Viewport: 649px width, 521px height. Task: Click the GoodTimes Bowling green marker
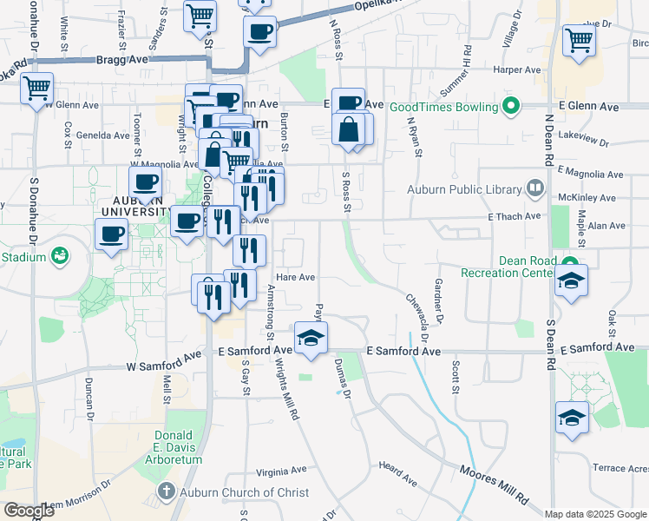[x=512, y=107]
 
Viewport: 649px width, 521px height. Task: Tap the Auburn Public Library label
[x=465, y=189]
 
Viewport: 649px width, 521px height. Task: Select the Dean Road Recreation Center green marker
[x=570, y=264]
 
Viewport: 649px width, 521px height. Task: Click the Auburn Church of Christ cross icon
[x=167, y=492]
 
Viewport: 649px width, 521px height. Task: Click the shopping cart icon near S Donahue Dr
[x=36, y=88]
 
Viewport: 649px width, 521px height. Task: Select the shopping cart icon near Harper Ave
[x=579, y=39]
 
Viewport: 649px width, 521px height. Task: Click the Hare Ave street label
[x=294, y=278]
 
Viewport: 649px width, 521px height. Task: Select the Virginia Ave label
[x=281, y=471]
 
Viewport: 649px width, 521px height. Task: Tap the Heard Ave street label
[x=397, y=472]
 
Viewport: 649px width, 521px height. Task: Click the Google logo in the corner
[x=29, y=511]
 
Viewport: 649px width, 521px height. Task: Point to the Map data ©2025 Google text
[x=593, y=514]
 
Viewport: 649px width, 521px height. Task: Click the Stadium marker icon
[x=60, y=255]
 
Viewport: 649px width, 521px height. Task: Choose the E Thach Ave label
[x=514, y=216]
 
